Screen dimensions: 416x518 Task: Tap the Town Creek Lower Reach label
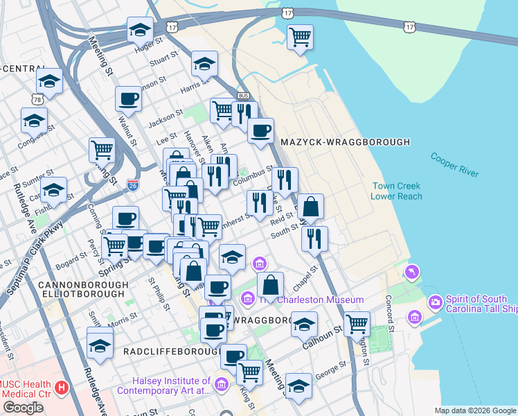[x=395, y=191]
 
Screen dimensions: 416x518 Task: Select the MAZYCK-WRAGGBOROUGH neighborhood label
[x=345, y=142]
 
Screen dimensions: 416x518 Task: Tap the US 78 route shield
[x=35, y=99]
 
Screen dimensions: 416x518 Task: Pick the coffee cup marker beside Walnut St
[x=127, y=99]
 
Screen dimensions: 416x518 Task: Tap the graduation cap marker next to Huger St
[x=140, y=30]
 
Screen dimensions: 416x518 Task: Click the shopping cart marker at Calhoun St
[x=357, y=323]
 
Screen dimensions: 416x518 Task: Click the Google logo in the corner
[x=23, y=408]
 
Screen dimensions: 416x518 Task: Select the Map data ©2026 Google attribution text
[x=474, y=410]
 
